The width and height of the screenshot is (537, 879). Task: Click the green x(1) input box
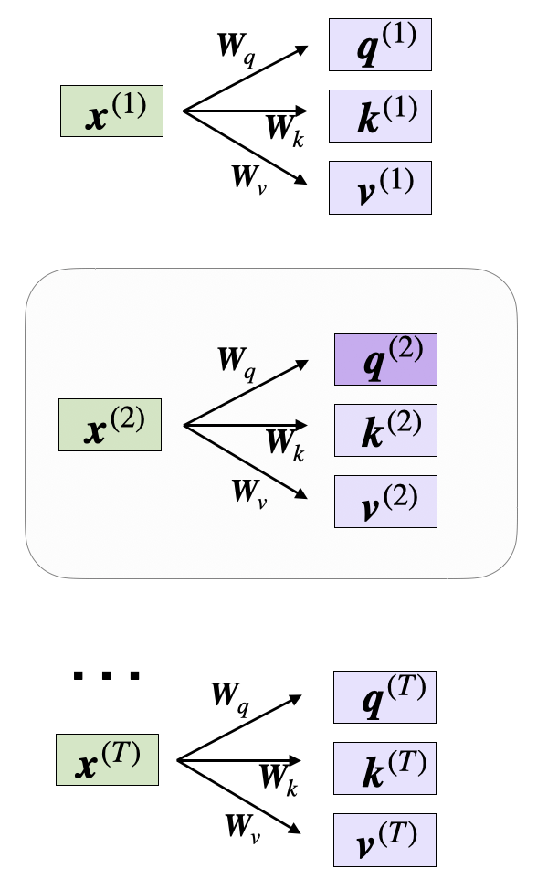111,111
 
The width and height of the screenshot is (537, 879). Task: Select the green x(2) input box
110,425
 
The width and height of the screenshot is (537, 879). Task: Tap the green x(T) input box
107,758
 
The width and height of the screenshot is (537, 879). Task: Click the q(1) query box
380,44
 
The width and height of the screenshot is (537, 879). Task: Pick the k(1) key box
380,116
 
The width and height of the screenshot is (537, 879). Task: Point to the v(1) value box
380,187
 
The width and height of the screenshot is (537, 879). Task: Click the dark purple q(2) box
385,358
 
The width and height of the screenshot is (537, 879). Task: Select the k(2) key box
385,429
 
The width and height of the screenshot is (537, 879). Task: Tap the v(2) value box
385,501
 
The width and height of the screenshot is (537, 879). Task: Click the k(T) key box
384,768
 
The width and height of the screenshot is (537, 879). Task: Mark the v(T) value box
384,839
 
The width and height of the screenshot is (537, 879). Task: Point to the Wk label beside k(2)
284,442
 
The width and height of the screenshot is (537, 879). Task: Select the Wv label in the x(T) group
244,828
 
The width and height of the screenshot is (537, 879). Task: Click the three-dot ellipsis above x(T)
107,676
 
